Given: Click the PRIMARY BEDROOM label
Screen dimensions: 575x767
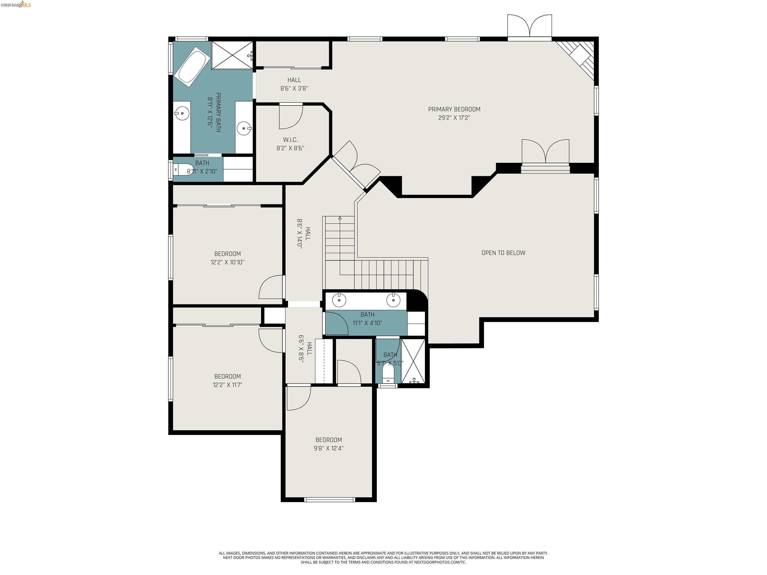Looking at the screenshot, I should pyautogui.click(x=454, y=109).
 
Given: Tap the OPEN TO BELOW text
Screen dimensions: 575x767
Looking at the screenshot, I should pyautogui.click(x=503, y=253).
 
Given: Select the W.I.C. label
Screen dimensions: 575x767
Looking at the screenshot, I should pyautogui.click(x=290, y=140).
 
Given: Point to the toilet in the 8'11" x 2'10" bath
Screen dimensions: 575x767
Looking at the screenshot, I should pyautogui.click(x=183, y=169).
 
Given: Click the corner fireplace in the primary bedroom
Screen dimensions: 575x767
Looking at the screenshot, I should pyautogui.click(x=579, y=57).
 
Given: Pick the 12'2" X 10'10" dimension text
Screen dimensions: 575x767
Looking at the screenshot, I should pyautogui.click(x=227, y=262).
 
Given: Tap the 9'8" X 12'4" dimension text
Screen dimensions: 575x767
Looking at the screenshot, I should pyautogui.click(x=328, y=448).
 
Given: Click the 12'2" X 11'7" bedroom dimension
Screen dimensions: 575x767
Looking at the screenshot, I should pyautogui.click(x=227, y=385).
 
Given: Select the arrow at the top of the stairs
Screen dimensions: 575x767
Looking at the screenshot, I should pyautogui.click(x=340, y=218).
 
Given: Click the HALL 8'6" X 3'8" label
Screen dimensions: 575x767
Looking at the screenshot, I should pyautogui.click(x=294, y=84).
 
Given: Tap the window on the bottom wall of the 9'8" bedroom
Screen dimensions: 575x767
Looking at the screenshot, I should pyautogui.click(x=329, y=499).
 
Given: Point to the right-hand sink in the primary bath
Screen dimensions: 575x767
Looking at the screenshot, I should pyautogui.click(x=244, y=128).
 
